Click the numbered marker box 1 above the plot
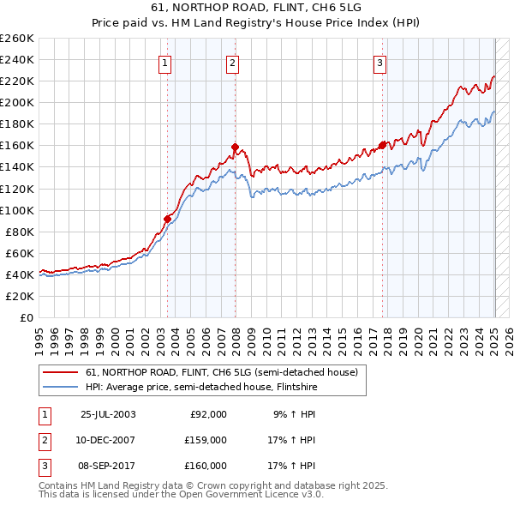[x=164, y=61]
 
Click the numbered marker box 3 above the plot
[x=380, y=61]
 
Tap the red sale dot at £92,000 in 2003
[x=168, y=218]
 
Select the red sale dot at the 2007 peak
[x=235, y=146]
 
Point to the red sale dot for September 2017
[x=382, y=145]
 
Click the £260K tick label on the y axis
[x=17, y=39]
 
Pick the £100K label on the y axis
[x=17, y=210]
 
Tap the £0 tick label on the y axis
[x=26, y=318]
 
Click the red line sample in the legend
[x=61, y=372]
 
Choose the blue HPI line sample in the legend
[x=61, y=387]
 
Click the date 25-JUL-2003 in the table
[x=108, y=414]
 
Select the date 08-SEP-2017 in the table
[x=108, y=466]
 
